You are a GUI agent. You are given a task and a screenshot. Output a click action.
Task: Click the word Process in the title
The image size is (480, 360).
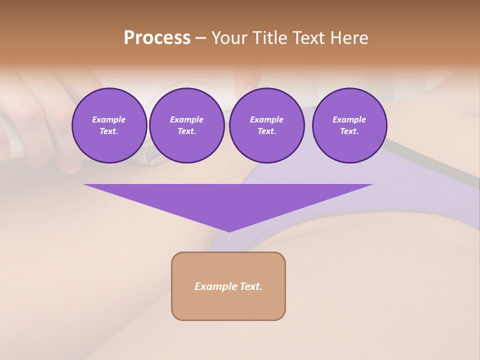(x=157, y=38)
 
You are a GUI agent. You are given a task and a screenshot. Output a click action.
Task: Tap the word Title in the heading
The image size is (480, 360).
(x=269, y=38)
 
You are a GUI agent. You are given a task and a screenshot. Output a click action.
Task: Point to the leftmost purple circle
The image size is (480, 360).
(x=109, y=125)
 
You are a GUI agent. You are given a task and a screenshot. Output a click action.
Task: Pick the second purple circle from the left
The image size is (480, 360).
(x=186, y=125)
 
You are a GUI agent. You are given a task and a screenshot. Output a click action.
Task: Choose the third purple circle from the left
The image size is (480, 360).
(x=266, y=125)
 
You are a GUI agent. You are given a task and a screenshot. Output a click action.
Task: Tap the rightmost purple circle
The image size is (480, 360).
(x=349, y=125)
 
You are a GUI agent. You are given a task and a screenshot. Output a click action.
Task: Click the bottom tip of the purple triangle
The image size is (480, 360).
(x=229, y=231)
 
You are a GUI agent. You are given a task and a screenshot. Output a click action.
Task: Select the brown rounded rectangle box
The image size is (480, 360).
(x=228, y=286)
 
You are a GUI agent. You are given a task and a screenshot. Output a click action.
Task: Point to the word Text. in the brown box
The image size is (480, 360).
(x=251, y=286)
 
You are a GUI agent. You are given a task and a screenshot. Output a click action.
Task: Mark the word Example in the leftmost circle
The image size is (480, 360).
(x=109, y=119)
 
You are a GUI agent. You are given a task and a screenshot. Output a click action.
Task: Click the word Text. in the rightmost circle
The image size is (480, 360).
(x=349, y=131)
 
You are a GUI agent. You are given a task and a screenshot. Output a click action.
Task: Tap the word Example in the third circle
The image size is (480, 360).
(x=266, y=119)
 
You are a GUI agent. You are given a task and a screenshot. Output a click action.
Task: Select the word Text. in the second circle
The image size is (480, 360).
(x=186, y=131)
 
